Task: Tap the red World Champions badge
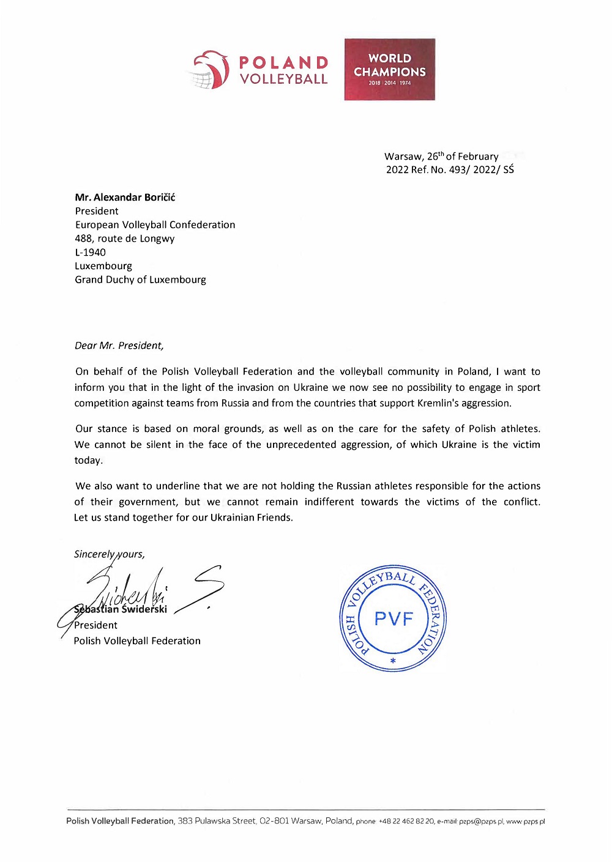tap(390, 69)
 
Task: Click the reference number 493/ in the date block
tap(459, 169)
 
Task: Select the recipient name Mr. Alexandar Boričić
tap(125, 197)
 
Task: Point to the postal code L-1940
tap(90, 252)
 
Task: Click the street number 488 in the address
tap(83, 239)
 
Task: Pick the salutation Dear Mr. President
tap(119, 346)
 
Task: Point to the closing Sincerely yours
tap(109, 554)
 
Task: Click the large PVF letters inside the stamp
tap(394, 619)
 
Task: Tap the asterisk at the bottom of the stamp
tap(393, 661)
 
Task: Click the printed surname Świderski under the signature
tap(144, 609)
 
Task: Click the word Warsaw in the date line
tap(403, 157)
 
